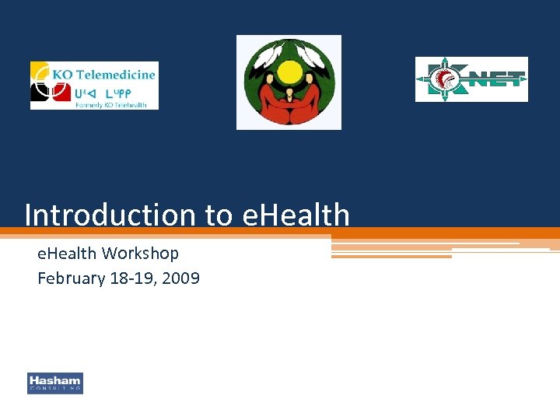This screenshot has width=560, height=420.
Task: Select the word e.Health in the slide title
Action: pyautogui.click(x=296, y=215)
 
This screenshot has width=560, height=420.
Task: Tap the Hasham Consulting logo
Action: pyautogui.click(x=55, y=383)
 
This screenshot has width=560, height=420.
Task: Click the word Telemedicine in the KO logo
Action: pyautogui.click(x=114, y=75)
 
